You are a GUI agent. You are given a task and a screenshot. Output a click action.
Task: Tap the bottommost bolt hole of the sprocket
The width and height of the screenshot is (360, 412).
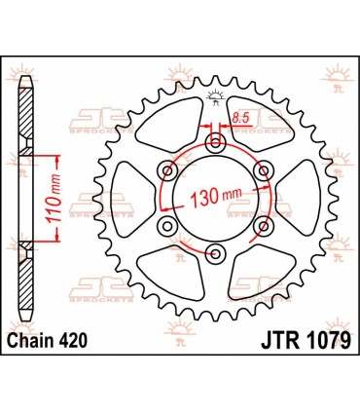pos(215,256)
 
